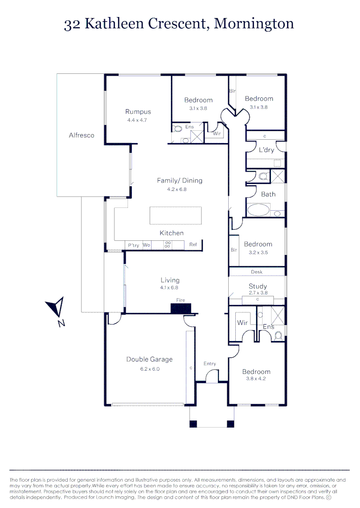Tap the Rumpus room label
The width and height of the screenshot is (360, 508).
point(138,111)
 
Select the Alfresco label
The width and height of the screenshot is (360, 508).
point(81,135)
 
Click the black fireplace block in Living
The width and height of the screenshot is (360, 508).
point(181,309)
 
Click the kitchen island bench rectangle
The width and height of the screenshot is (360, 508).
point(176,216)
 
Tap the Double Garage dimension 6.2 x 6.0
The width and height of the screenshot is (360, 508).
point(150,369)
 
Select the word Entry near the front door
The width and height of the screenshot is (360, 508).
point(210,364)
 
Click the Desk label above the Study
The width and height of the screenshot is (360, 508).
point(256,272)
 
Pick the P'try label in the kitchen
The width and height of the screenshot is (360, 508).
point(134,245)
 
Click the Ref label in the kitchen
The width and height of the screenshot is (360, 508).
point(193,245)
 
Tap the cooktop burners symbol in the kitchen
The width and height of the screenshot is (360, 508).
point(167,245)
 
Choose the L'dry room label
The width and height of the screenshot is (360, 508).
point(266,150)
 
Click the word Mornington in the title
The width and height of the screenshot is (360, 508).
point(254,24)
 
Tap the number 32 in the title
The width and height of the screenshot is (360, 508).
point(72,24)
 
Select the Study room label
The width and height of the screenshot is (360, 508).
point(257,286)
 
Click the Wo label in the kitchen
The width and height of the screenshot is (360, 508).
point(146,245)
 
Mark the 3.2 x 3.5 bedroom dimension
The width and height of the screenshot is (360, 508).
point(258,252)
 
